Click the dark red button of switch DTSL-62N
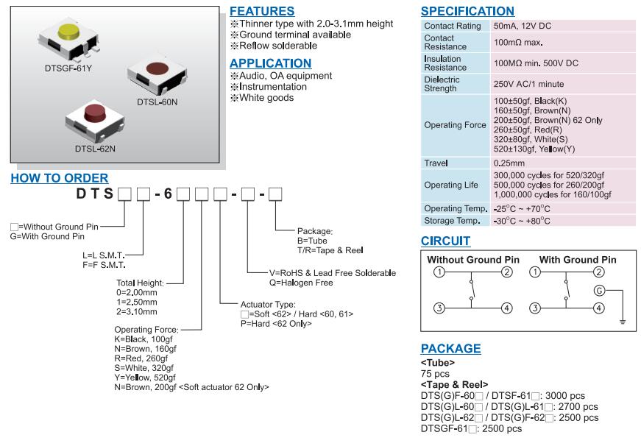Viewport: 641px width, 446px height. coord(95,113)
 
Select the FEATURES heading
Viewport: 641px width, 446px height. coord(262,12)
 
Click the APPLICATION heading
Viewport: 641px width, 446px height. coord(270,63)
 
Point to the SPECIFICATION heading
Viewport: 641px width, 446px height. coord(467,12)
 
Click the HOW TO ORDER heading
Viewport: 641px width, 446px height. coord(60,178)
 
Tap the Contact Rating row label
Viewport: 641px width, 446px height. coord(453,26)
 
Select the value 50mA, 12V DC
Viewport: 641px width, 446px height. coord(523,26)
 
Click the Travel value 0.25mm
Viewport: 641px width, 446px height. coord(509,163)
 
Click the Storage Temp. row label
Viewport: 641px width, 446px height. coord(452,220)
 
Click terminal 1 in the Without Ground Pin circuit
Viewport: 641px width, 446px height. coord(439,272)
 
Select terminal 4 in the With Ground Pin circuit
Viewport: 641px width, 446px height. coord(599,308)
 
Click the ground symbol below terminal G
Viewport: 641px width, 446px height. coord(622,321)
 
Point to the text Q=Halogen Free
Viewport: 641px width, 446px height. coord(302,283)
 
